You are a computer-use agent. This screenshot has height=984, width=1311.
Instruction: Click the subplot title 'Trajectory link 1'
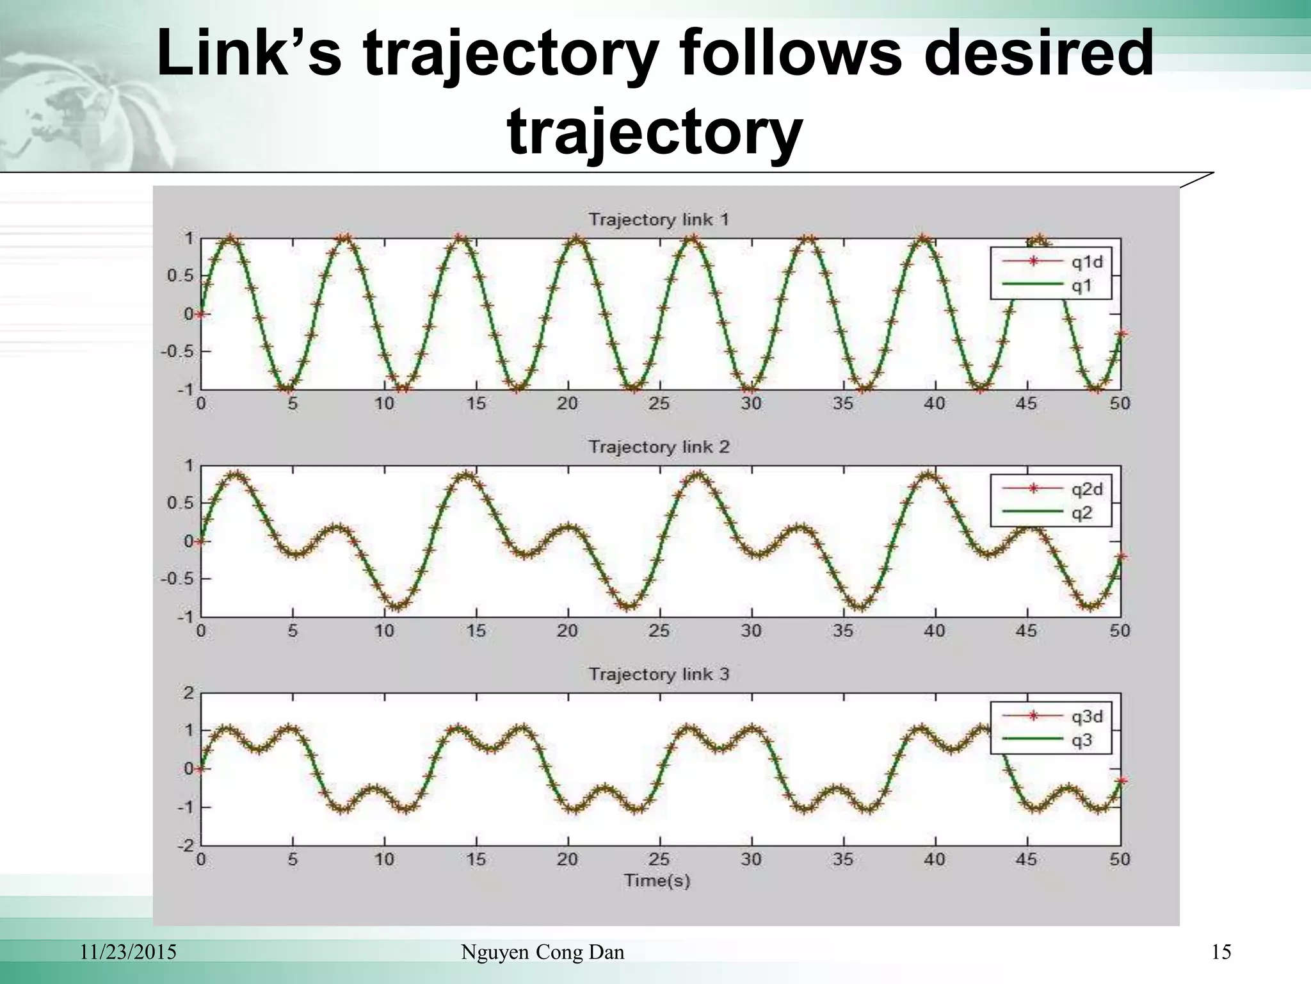point(659,220)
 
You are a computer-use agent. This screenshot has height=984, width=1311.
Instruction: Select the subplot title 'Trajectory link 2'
point(659,447)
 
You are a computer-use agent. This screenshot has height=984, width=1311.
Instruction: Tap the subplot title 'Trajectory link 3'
point(659,674)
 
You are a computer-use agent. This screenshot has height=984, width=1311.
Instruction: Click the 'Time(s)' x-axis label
point(657,881)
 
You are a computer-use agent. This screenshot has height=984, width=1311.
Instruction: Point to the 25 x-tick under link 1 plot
point(659,404)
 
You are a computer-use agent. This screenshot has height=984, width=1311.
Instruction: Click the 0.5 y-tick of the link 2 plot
point(180,503)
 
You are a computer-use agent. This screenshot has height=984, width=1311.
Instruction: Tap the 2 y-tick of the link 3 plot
point(189,693)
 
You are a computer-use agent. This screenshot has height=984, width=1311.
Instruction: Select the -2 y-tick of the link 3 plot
point(186,845)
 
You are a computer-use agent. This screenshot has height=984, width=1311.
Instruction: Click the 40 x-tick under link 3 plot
point(935,859)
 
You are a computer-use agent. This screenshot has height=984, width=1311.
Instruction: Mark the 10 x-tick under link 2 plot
point(384,631)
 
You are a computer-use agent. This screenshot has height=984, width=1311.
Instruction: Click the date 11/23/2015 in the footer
point(128,953)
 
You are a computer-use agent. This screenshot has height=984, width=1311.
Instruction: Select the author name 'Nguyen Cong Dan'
point(543,953)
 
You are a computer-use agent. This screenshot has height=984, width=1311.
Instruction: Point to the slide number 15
point(1221,953)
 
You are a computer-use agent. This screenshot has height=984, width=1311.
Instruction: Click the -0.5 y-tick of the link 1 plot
point(176,352)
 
